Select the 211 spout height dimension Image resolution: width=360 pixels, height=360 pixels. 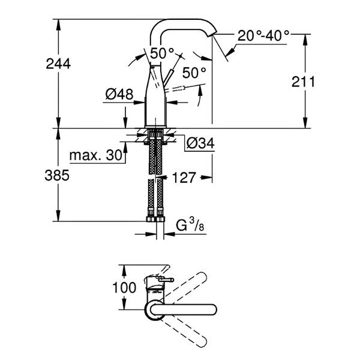point(304,82)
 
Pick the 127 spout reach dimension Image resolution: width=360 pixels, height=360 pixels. point(184,177)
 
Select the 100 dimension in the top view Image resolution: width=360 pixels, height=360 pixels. point(124,287)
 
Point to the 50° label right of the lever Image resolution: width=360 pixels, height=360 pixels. point(193,73)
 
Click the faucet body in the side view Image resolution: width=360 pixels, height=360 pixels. point(155,102)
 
